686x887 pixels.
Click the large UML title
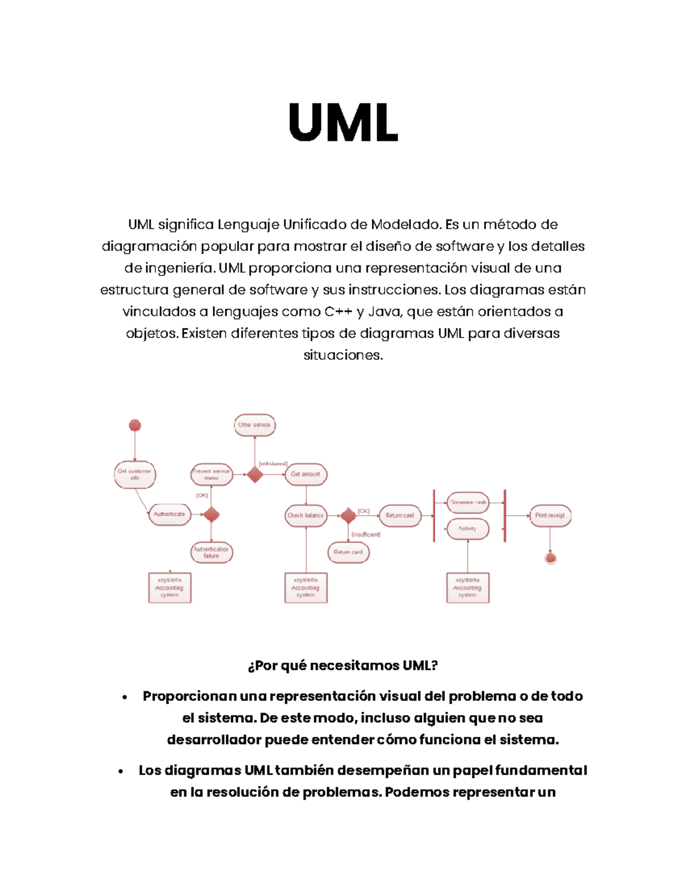(343, 122)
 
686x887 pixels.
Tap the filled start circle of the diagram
(135, 425)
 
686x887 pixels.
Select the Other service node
(254, 425)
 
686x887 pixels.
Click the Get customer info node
(135, 475)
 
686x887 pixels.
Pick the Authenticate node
(169, 514)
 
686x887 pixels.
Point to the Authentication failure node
(212, 552)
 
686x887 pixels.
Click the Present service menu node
(212, 474)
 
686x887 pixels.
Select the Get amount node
(306, 474)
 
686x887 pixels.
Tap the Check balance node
(306, 515)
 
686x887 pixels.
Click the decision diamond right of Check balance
(348, 515)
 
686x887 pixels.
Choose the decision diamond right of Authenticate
(212, 514)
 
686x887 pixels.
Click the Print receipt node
(550, 515)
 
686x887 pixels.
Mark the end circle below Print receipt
(551, 558)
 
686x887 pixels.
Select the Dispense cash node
(468, 503)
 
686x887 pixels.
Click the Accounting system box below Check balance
(306, 588)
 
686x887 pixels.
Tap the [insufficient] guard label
(366, 535)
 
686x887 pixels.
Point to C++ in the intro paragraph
(338, 312)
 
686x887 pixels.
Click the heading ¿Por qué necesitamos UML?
(343, 665)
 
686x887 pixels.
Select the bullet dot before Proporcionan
(124, 697)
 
